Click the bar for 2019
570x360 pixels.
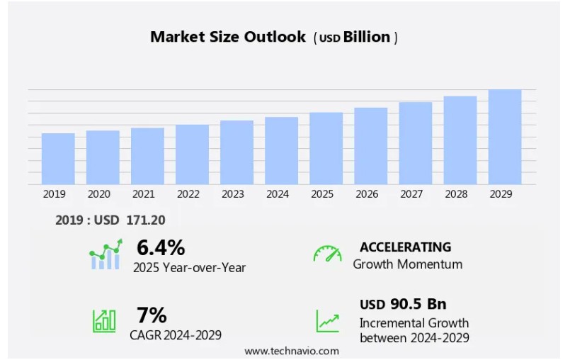(58, 159)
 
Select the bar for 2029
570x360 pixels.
(505, 137)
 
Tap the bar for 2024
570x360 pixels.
(281, 150)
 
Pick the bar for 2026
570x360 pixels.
(371, 146)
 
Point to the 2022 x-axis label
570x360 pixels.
(188, 193)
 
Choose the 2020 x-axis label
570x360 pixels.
(98, 193)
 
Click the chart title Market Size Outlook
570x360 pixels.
(228, 37)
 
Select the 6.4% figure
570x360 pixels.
(161, 247)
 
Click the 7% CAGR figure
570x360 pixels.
(152, 315)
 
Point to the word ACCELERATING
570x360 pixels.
(405, 247)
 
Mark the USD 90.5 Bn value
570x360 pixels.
(403, 304)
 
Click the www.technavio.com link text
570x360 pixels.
(292, 351)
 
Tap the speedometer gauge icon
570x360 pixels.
(327, 254)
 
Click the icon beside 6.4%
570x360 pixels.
(106, 254)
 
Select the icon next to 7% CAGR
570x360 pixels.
(104, 321)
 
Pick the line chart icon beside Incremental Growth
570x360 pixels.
(327, 321)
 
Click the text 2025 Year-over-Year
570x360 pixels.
(190, 268)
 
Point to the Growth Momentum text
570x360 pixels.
(408, 264)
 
